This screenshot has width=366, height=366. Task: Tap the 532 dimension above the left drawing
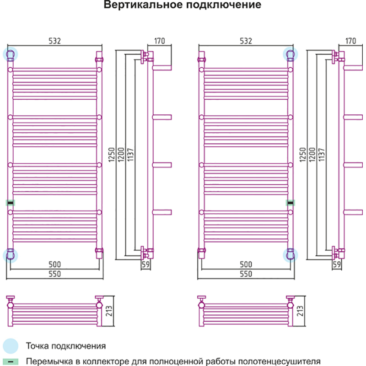click(x=54, y=41)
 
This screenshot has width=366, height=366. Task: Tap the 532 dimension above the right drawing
click(x=246, y=41)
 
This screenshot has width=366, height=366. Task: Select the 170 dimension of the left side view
click(x=159, y=41)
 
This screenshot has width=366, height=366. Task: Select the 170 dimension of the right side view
click(x=350, y=41)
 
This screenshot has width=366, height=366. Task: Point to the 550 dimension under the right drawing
click(x=246, y=274)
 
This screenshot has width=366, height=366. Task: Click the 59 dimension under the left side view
click(x=146, y=265)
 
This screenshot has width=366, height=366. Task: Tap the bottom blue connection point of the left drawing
click(x=10, y=254)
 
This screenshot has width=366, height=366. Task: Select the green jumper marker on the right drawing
click(x=290, y=202)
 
